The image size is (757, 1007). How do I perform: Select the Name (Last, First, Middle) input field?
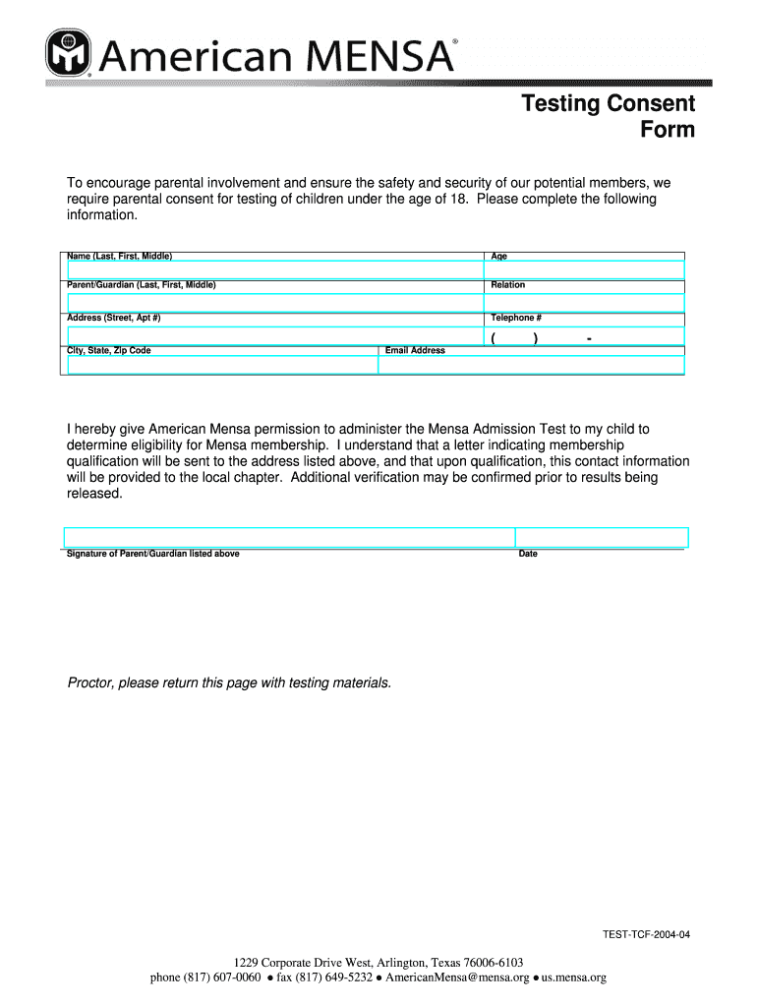click(x=274, y=270)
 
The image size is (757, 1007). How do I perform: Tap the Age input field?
click(x=584, y=270)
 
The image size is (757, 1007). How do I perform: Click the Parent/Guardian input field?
click(x=274, y=302)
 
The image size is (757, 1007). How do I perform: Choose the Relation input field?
click(x=584, y=302)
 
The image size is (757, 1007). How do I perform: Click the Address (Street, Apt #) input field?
click(x=274, y=335)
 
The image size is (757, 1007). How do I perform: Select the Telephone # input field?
click(x=584, y=335)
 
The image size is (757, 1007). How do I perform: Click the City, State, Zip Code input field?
click(x=222, y=365)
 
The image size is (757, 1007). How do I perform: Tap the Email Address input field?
click(x=531, y=365)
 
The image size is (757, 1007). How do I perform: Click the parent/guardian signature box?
click(x=289, y=537)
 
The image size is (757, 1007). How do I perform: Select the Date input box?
click(x=602, y=537)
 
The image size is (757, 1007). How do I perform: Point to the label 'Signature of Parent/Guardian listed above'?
click(x=152, y=554)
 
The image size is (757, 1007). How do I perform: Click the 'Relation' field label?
click(x=508, y=285)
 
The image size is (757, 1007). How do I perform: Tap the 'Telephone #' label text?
click(x=516, y=318)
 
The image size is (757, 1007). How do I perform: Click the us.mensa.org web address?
click(x=573, y=977)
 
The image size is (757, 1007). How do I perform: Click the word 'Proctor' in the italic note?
click(x=89, y=682)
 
